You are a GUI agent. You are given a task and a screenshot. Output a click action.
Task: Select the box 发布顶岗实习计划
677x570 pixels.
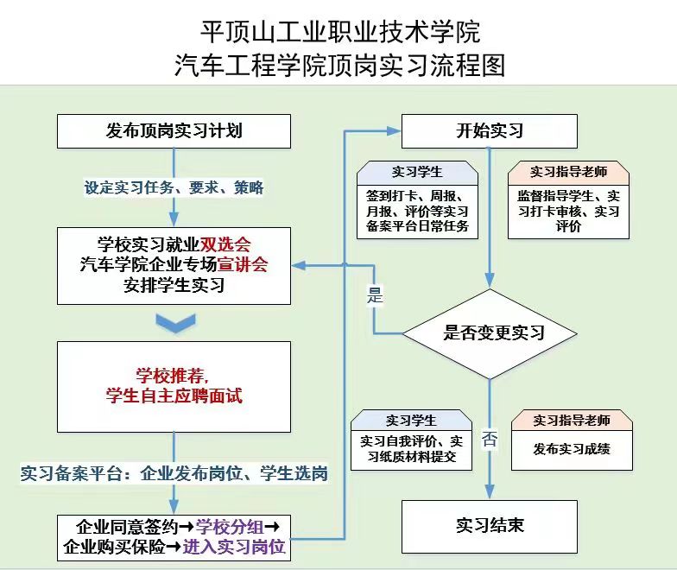(174, 131)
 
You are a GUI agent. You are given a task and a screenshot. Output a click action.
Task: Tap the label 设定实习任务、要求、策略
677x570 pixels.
(174, 187)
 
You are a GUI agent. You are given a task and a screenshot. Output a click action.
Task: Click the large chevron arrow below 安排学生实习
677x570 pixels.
(174, 323)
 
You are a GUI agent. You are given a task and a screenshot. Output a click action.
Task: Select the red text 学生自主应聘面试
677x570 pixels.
(174, 396)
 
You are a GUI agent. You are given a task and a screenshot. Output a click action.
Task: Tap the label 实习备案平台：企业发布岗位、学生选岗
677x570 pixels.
(174, 474)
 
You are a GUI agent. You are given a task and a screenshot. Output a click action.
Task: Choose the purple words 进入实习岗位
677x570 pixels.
(234, 547)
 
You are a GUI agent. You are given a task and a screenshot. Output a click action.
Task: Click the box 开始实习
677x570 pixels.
(490, 131)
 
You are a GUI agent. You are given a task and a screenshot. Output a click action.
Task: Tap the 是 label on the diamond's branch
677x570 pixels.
(374, 296)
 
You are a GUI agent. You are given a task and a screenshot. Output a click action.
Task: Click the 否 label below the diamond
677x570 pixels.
(490, 439)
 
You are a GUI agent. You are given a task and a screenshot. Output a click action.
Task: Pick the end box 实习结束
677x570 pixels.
(490, 525)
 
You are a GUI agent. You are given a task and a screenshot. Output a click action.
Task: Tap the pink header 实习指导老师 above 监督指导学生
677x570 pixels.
(568, 172)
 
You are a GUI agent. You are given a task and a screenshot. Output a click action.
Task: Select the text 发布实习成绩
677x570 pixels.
(572, 448)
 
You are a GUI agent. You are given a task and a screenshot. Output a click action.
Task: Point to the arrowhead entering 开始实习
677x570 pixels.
(395, 131)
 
